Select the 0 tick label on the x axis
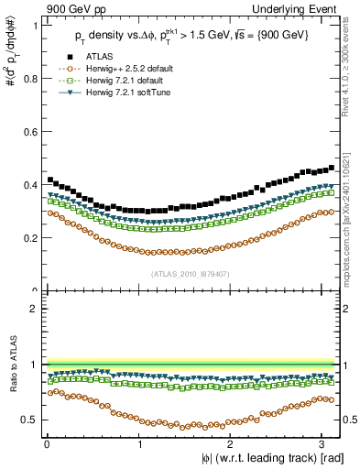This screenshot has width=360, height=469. click(x=47, y=443)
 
